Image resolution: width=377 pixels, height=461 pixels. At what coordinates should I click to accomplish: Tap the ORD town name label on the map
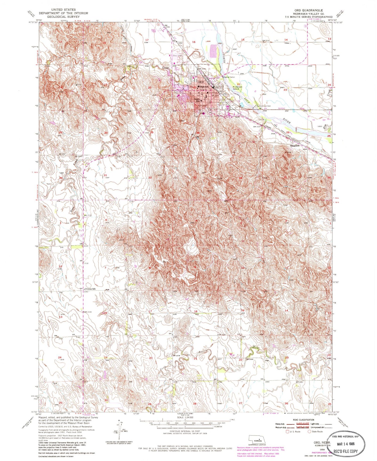[201, 82]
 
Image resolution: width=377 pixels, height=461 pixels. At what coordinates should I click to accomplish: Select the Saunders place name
[295, 146]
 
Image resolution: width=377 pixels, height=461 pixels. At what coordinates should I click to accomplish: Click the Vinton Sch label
[90, 289]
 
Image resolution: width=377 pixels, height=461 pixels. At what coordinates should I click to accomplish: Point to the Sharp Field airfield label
[153, 31]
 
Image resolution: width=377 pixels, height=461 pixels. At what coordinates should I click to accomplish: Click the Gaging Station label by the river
[229, 77]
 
